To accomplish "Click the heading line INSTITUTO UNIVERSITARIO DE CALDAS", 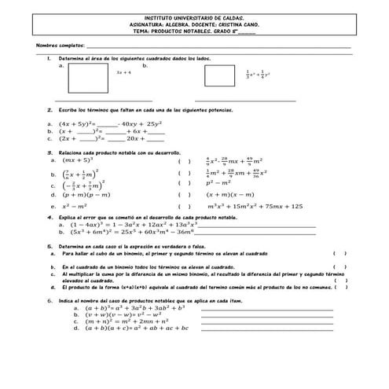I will pyautogui.click(x=194, y=16).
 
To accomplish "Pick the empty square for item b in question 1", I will pyautogui.click(x=219, y=75).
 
